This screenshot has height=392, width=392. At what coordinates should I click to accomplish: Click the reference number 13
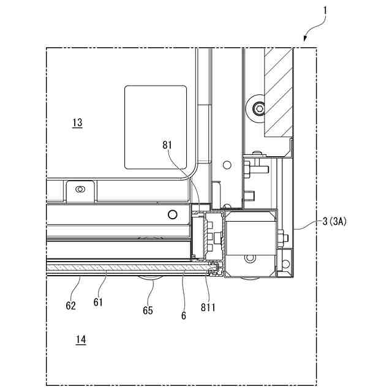(77, 123)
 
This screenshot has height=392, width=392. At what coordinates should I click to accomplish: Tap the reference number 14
(81, 339)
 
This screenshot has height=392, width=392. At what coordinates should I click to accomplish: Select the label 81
(168, 146)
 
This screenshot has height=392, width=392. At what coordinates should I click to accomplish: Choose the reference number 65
(148, 311)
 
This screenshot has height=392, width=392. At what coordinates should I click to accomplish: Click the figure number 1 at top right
(325, 10)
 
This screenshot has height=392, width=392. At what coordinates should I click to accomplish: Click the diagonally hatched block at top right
(279, 92)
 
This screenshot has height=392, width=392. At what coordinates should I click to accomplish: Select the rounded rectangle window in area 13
(156, 127)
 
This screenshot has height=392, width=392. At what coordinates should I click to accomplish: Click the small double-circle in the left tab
(78, 189)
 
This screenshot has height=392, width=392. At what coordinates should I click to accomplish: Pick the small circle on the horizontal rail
(173, 214)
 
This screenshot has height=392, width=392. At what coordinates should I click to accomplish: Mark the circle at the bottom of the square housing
(251, 259)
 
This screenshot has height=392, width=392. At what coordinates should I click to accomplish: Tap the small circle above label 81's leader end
(227, 164)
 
